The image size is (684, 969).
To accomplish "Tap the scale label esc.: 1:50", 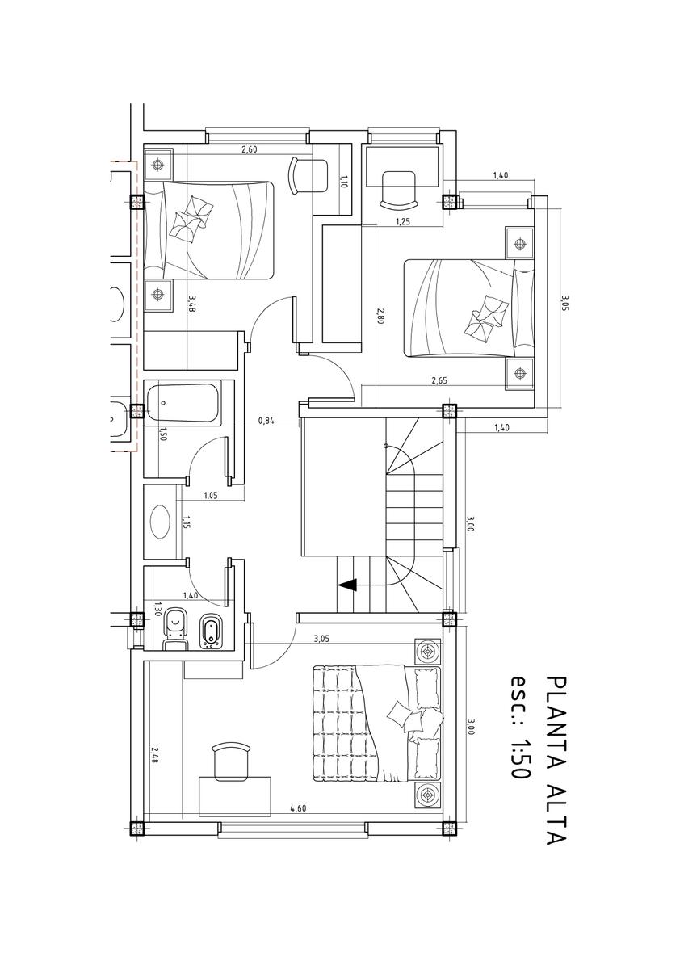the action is [x=519, y=728].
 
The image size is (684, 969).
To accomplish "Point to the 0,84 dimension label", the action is [x=266, y=420].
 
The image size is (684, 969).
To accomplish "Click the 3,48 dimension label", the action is [x=191, y=304].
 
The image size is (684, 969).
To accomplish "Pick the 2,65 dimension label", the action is [x=439, y=380].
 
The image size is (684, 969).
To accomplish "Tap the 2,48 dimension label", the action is [x=153, y=754].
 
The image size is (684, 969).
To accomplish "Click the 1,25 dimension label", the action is [x=402, y=222].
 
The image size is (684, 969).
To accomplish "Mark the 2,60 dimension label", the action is [x=250, y=150].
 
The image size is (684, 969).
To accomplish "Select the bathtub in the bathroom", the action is [x=183, y=403].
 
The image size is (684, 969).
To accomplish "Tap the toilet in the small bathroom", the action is [x=174, y=632].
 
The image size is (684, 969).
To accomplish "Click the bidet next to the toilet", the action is [x=210, y=631].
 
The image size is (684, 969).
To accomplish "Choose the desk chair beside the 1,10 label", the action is [x=309, y=175].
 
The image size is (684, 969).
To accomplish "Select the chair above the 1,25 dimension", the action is [x=398, y=190].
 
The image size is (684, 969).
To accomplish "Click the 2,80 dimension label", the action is [x=380, y=316].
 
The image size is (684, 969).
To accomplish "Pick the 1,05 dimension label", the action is [x=210, y=497].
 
